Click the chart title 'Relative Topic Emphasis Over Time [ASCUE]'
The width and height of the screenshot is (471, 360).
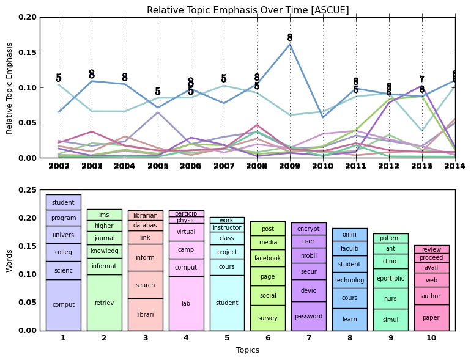click(x=248, y=10)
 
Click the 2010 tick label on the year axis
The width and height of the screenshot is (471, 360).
click(x=323, y=166)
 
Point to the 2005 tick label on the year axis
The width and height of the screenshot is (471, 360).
click(x=158, y=166)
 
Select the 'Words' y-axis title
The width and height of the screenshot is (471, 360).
click(x=10, y=260)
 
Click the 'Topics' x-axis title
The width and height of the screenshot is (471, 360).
click(x=248, y=350)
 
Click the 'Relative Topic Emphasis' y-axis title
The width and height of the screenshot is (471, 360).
click(x=10, y=87)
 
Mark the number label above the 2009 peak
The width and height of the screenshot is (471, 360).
click(x=290, y=38)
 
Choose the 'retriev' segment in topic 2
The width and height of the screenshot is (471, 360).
click(x=104, y=303)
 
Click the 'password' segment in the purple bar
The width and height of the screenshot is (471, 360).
click(x=308, y=316)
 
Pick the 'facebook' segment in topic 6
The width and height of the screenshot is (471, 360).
click(x=268, y=258)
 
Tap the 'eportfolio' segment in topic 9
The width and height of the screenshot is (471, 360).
click(x=390, y=278)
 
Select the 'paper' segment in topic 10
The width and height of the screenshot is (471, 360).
click(x=431, y=317)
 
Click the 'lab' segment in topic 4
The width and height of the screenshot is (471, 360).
click(x=186, y=303)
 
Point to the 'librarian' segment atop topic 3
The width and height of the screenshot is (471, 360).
click(x=145, y=215)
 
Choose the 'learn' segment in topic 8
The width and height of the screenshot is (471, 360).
click(x=349, y=319)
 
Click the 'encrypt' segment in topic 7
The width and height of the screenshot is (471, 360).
click(x=308, y=229)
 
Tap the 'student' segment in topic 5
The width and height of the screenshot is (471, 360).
click(x=227, y=303)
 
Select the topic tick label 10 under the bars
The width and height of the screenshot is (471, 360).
click(x=431, y=337)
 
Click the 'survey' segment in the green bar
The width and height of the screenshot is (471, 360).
click(x=268, y=318)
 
